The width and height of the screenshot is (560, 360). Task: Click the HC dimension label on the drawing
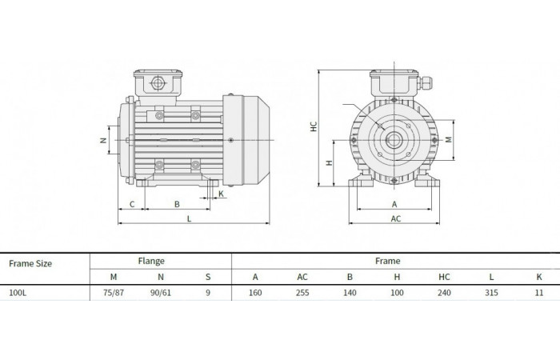click(x=314, y=126)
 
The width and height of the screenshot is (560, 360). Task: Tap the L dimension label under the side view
click(x=189, y=219)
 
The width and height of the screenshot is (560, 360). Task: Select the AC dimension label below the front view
click(x=396, y=218)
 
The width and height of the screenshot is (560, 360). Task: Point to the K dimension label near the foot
click(x=221, y=194)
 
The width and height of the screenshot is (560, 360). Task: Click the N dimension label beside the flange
click(x=103, y=140)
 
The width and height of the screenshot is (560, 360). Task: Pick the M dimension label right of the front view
click(x=449, y=139)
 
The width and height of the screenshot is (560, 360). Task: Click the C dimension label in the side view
click(x=132, y=204)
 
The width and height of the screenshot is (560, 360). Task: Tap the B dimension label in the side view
click(x=177, y=204)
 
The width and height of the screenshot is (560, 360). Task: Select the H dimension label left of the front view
click(x=330, y=163)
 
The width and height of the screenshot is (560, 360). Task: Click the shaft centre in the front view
click(x=394, y=140)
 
